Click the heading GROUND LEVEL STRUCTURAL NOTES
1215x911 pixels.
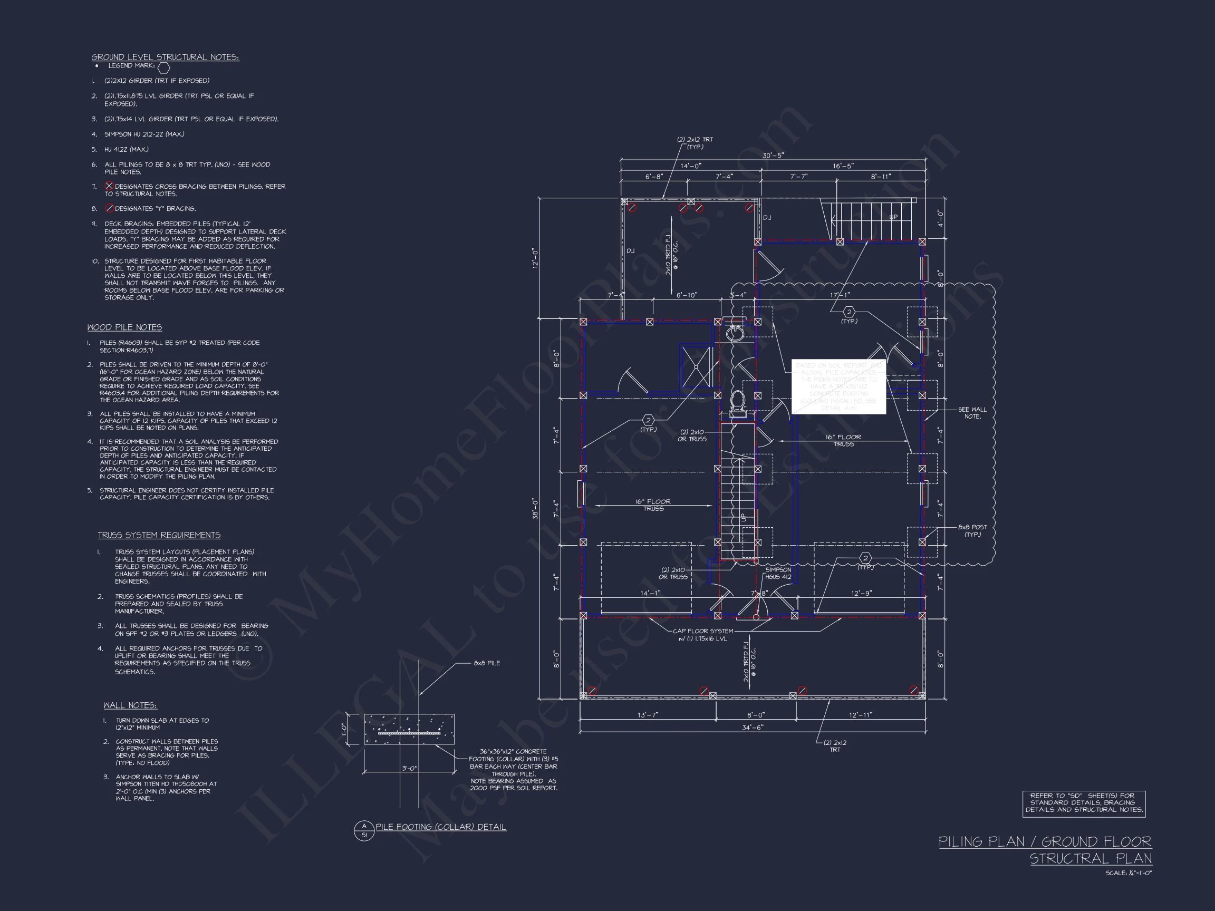coord(166,57)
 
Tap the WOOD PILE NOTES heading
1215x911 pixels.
coord(124,327)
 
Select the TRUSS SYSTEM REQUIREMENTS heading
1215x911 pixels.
coord(159,535)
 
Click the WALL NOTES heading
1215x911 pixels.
coord(130,705)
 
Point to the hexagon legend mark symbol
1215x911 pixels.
coord(163,67)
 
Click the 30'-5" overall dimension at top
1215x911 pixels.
coord(773,156)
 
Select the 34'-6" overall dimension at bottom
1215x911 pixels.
coord(752,727)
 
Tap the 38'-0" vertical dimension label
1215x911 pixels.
coord(536,509)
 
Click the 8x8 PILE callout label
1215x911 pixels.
coord(487,663)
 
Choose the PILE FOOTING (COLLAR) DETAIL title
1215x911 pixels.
coord(440,827)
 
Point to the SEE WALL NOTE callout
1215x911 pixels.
coord(972,413)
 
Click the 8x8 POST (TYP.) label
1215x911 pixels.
coord(972,530)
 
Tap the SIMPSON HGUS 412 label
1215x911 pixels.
coord(778,573)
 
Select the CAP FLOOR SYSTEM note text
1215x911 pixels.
coord(703,635)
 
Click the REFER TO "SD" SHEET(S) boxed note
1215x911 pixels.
coord(1083,803)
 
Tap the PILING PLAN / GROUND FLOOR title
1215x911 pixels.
coord(1045,842)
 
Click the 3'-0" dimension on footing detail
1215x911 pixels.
coord(409,768)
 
